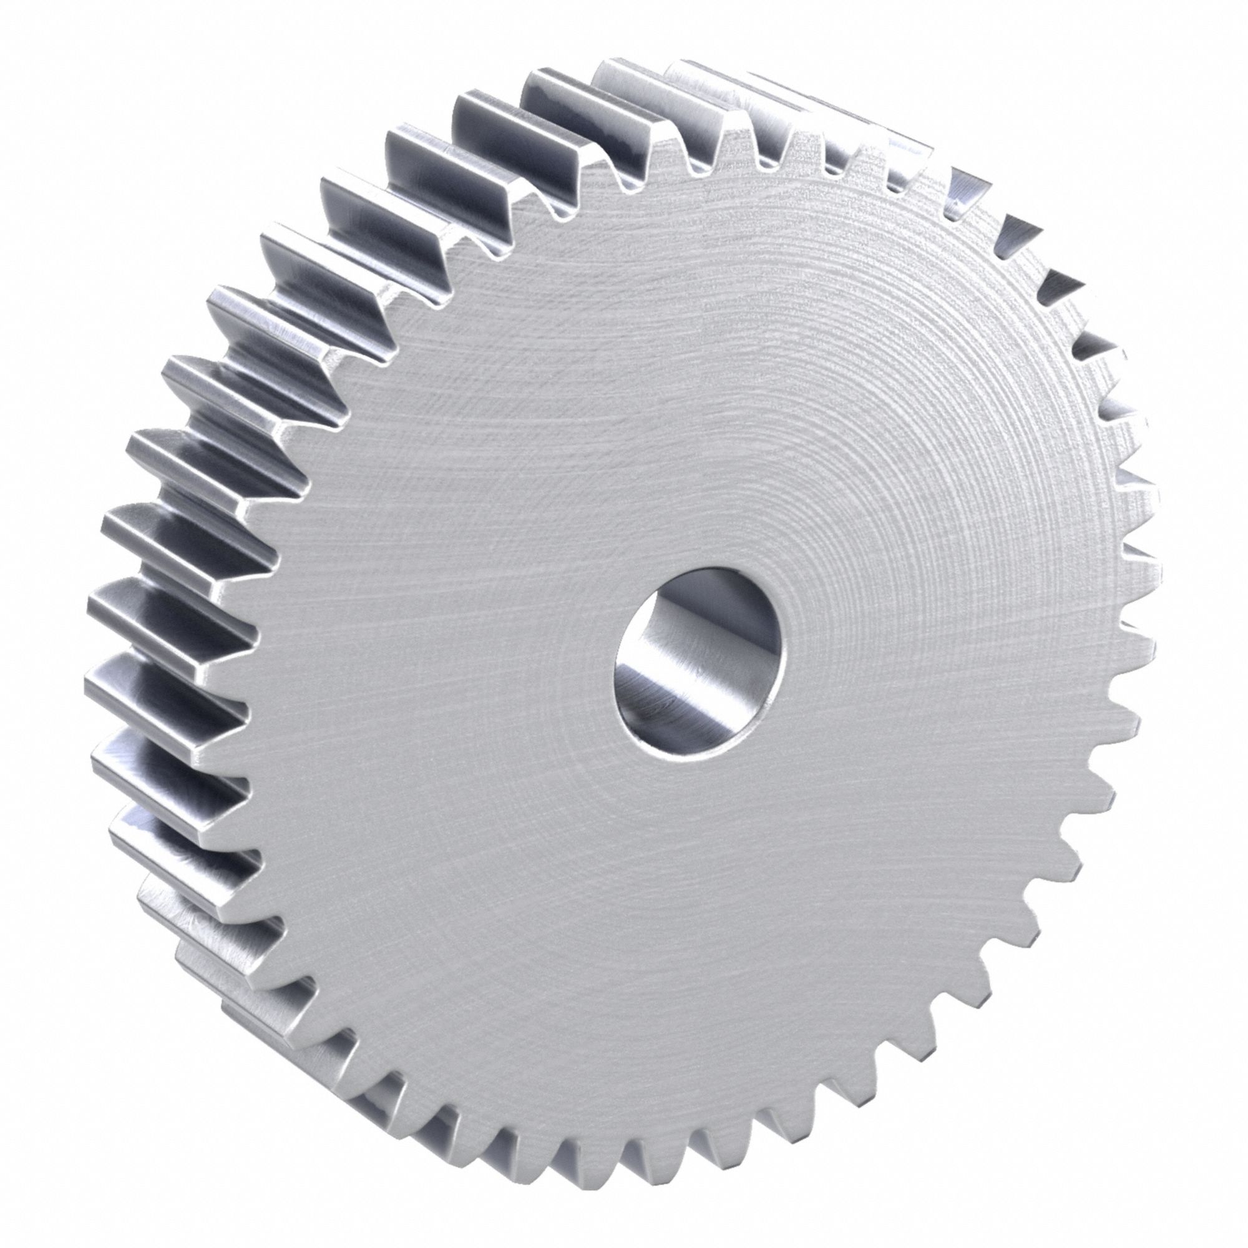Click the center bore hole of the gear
click(701, 660)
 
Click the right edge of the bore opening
click(788, 653)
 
